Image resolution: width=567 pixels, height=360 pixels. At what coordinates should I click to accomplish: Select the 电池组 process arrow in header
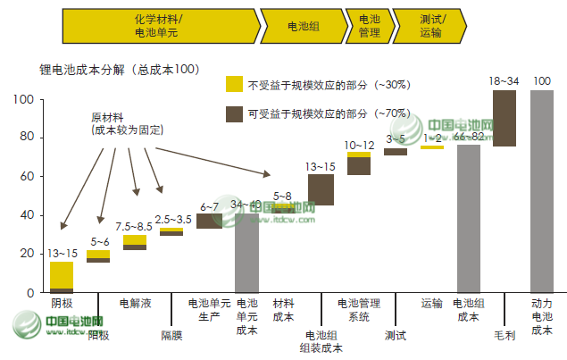click(303, 26)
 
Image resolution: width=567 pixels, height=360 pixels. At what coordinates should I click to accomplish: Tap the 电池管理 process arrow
click(368, 26)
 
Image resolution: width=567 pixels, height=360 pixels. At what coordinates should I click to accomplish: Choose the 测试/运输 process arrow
click(429, 26)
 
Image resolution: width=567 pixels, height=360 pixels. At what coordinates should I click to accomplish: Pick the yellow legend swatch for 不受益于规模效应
click(235, 85)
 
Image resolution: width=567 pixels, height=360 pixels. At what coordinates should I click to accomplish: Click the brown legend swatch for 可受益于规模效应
click(235, 113)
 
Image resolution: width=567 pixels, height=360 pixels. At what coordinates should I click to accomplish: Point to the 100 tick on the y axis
click(24, 100)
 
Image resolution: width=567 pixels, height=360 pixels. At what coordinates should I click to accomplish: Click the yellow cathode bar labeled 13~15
click(62, 274)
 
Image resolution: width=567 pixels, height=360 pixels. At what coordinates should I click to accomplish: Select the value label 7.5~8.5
click(134, 226)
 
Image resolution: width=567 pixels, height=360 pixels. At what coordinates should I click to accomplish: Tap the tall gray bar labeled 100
click(541, 191)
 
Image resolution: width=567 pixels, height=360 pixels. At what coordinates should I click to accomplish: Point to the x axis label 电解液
click(135, 304)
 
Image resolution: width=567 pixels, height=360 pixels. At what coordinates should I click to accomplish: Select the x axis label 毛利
click(504, 336)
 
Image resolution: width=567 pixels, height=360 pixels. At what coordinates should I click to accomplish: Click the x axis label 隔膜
click(171, 336)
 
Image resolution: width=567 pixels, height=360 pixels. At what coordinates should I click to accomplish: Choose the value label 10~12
click(359, 145)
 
